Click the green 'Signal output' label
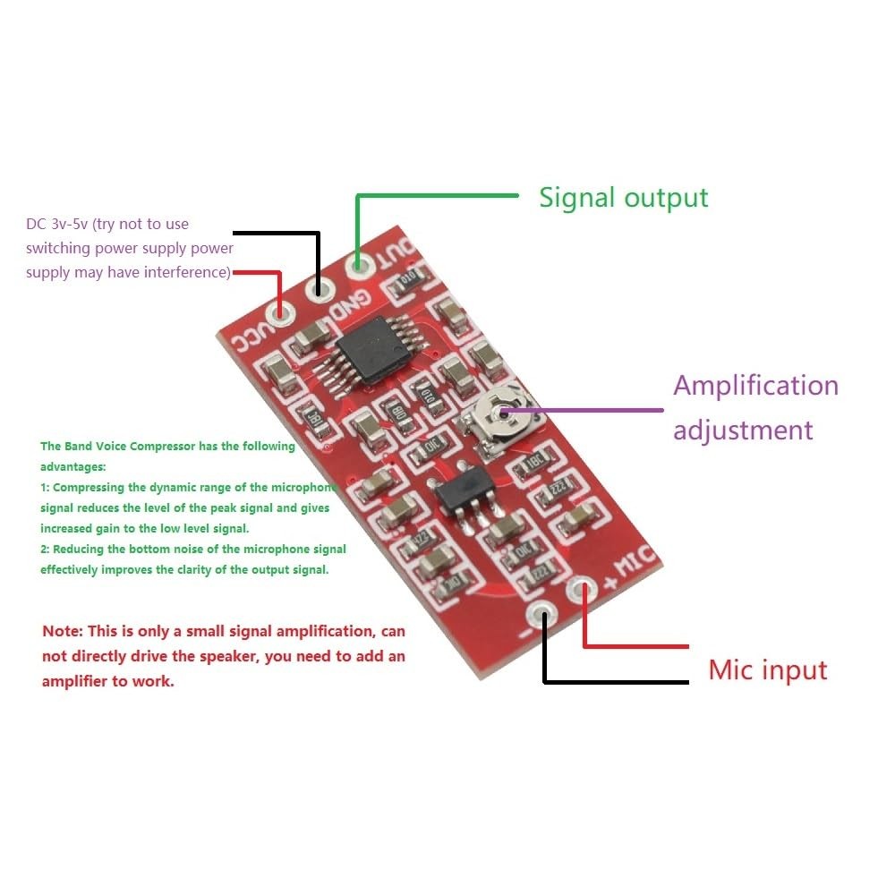[623, 198]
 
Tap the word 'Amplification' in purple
[755, 386]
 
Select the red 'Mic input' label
[768, 669]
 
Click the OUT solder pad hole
[358, 264]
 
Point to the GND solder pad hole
[318, 288]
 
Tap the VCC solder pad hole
[282, 312]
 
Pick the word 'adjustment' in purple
[743, 430]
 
